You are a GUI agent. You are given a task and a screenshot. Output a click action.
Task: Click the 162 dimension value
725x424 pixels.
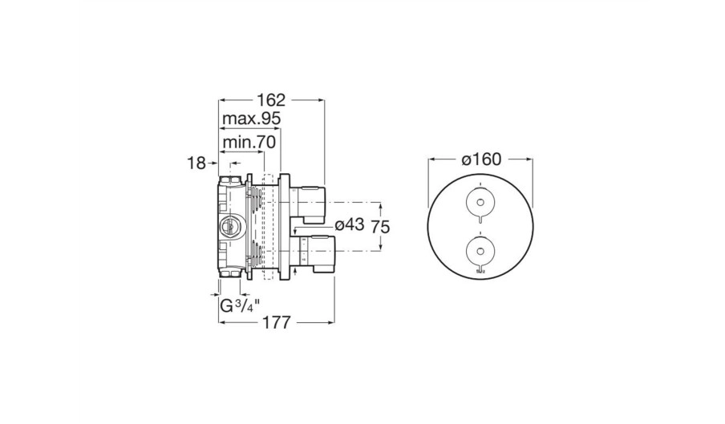point(271,99)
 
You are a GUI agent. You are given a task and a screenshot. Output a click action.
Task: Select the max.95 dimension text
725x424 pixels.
point(252,119)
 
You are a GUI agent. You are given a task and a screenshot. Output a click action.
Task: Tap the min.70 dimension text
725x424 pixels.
point(249,142)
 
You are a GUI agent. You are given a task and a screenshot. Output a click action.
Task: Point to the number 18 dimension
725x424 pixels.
point(196,163)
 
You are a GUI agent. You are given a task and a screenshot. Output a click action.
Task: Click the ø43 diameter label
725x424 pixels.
point(349,224)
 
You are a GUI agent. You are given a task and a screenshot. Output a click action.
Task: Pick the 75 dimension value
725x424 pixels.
point(379,227)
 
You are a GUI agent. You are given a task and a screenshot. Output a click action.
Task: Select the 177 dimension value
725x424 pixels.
point(277,322)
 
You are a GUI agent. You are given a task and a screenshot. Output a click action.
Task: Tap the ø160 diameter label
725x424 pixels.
point(481,160)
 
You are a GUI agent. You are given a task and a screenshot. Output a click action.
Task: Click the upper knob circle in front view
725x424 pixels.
point(481,202)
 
